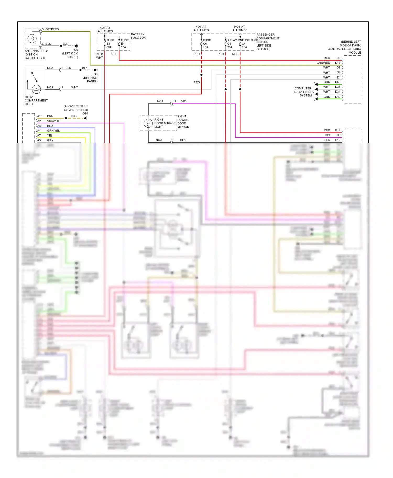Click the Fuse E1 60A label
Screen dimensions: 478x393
(x=110, y=44)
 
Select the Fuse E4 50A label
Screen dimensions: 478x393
(x=124, y=44)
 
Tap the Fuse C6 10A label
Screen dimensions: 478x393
(x=206, y=44)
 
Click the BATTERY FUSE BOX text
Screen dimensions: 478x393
(x=138, y=36)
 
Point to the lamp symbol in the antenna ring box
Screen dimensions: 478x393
(x=32, y=39)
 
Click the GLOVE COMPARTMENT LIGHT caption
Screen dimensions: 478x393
(x=36, y=100)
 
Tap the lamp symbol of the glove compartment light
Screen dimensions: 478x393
(x=36, y=89)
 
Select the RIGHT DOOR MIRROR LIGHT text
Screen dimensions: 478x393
(x=165, y=123)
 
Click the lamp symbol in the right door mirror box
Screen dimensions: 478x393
(x=148, y=123)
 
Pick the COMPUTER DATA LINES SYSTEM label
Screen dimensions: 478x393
(x=303, y=92)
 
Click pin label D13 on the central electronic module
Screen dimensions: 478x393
(x=337, y=63)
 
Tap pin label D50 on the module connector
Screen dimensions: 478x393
(x=337, y=82)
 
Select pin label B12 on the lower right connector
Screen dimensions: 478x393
(x=337, y=130)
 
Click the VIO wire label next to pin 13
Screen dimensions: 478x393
(x=184, y=101)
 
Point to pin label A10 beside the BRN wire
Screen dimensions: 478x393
(x=40, y=116)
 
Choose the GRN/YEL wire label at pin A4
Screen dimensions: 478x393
(x=53, y=130)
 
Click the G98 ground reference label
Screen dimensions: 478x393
(x=85, y=113)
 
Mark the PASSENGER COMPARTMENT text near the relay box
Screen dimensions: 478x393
(x=268, y=36)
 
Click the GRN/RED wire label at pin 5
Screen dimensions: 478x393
(x=52, y=29)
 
